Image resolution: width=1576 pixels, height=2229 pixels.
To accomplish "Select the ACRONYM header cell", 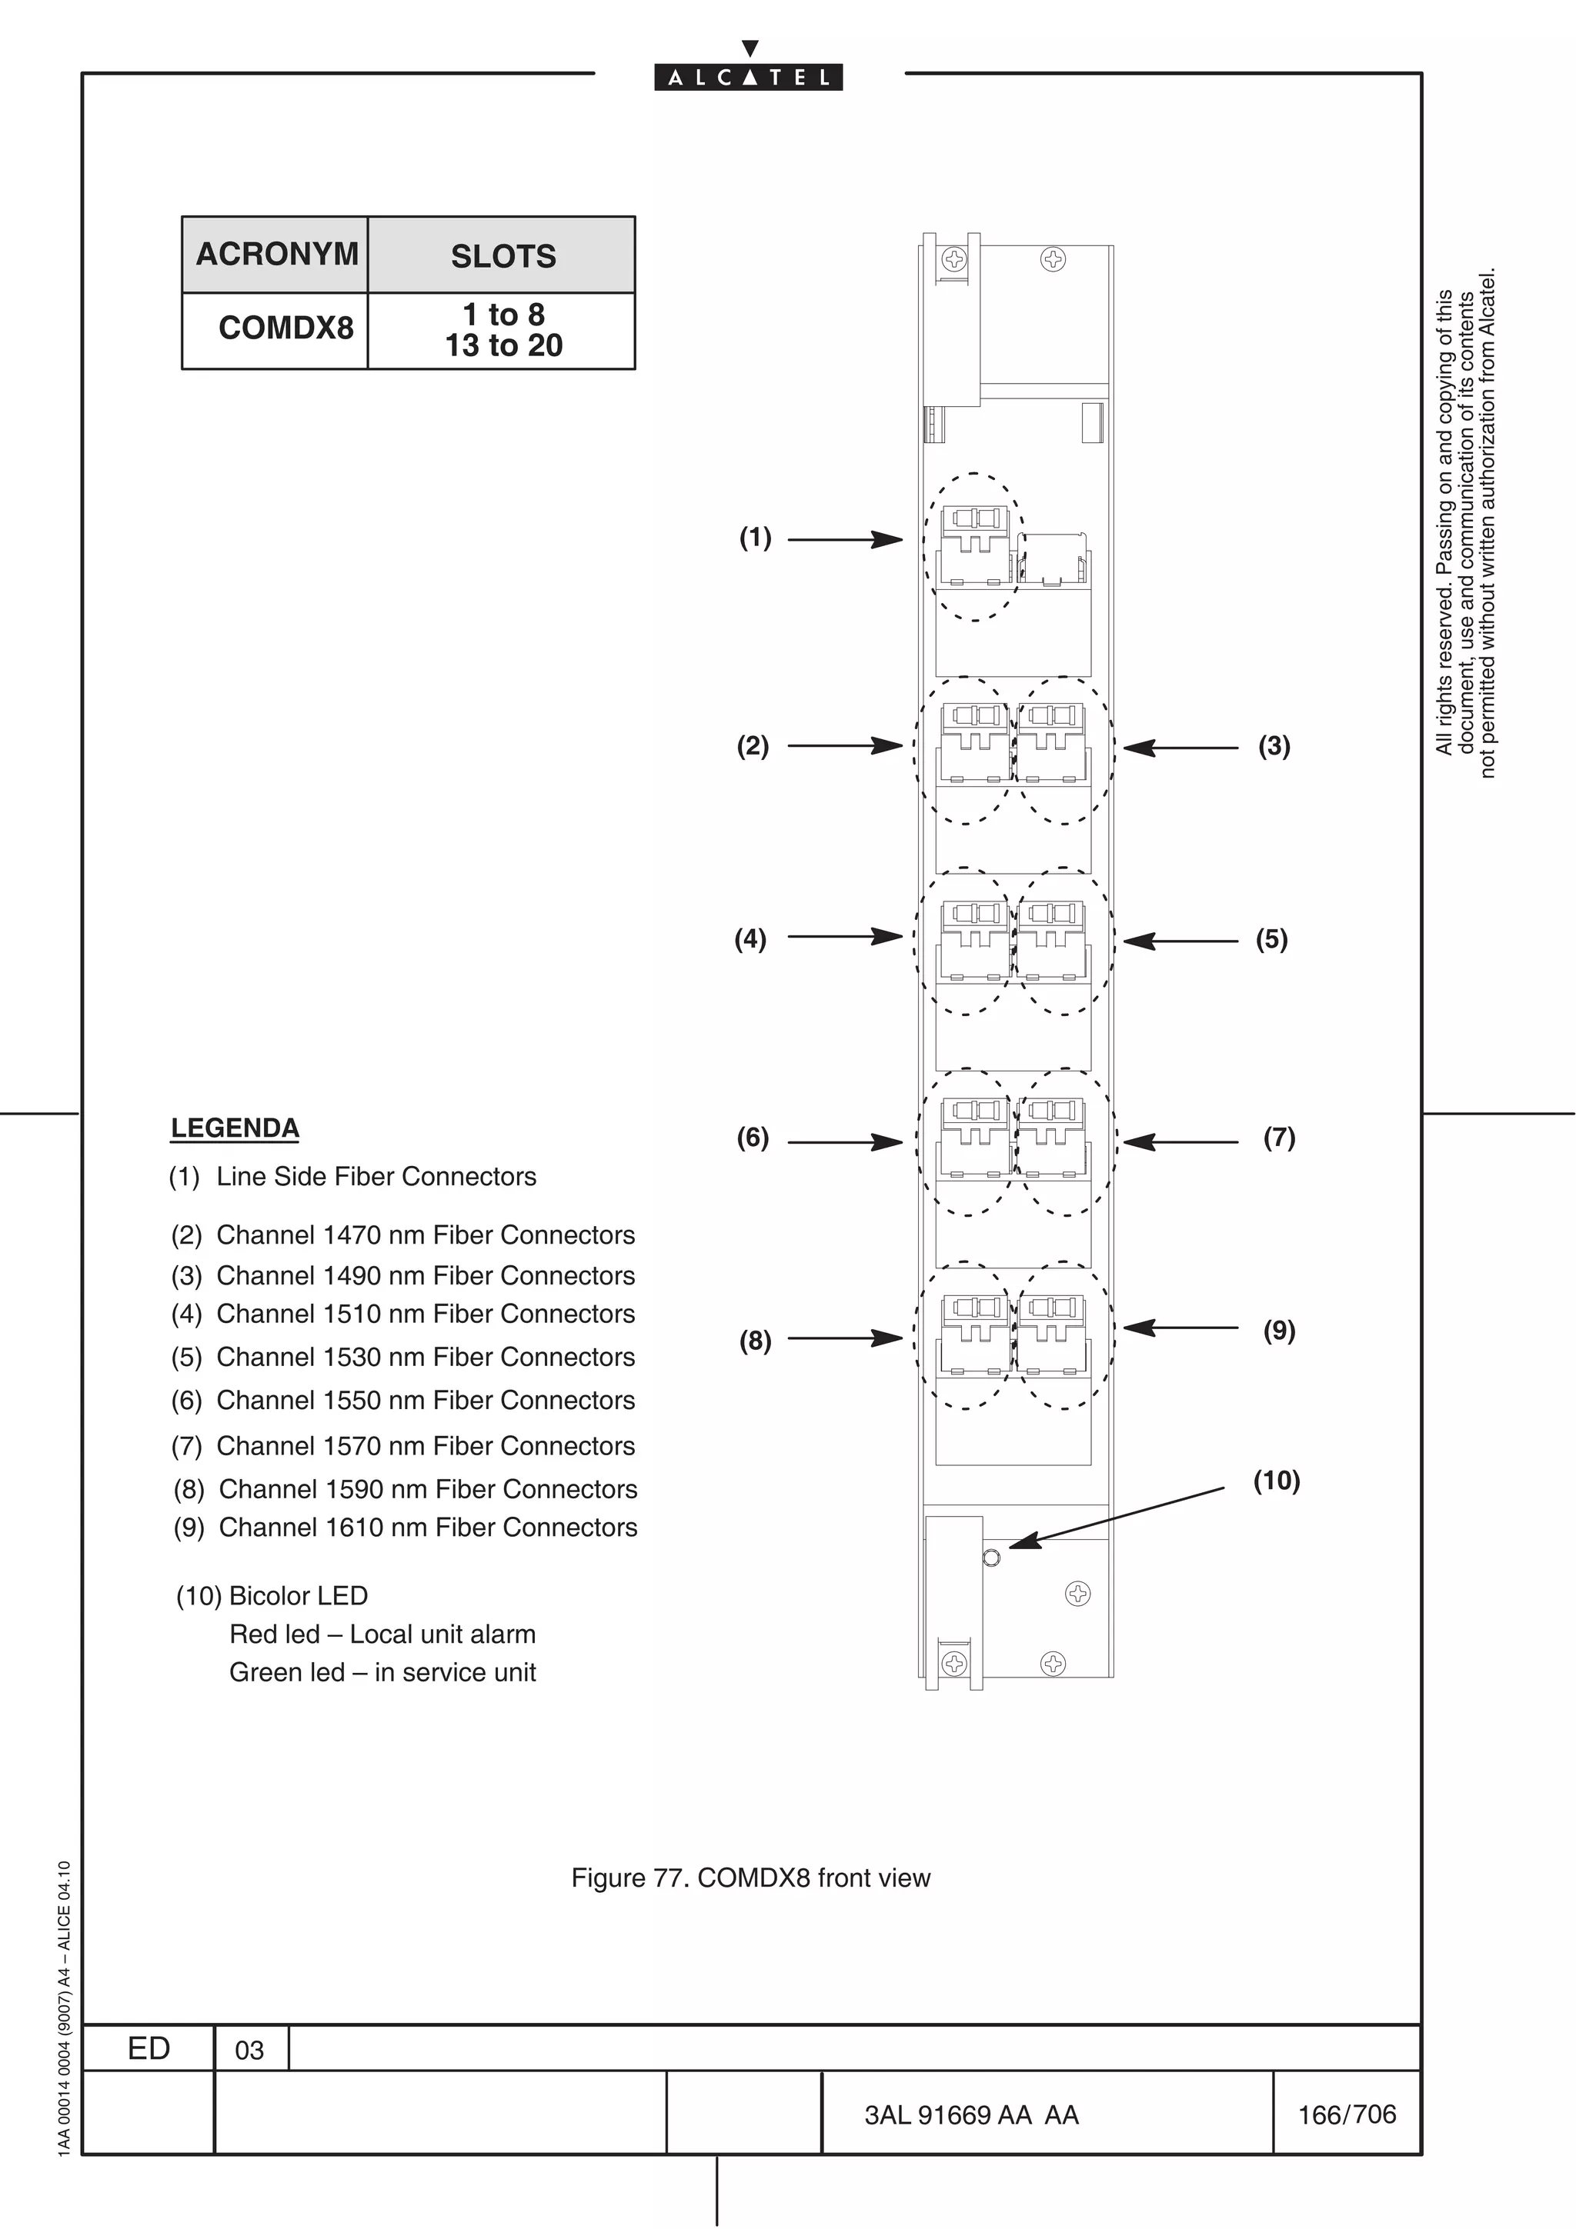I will tap(277, 255).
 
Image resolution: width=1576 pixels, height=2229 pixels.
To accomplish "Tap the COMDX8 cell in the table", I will tap(285, 328).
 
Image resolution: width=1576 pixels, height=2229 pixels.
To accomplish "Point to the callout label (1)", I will tap(754, 537).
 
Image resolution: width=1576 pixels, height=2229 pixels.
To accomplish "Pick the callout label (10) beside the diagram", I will tap(1276, 1481).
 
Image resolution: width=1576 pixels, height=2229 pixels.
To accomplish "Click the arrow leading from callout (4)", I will tap(845, 937).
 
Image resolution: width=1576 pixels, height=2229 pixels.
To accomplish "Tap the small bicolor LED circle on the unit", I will tap(990, 1558).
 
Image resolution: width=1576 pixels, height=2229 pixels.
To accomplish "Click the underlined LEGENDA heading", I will tap(235, 1128).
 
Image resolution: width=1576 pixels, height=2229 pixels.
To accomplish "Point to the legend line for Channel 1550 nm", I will tap(403, 1400).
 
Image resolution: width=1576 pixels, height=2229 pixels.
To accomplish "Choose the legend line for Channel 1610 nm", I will tap(405, 1527).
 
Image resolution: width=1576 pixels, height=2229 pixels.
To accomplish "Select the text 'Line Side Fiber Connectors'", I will tap(376, 1177).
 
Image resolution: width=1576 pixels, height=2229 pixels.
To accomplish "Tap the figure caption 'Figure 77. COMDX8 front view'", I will tap(750, 1877).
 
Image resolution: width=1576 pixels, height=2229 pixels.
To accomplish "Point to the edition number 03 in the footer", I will tap(249, 2049).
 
